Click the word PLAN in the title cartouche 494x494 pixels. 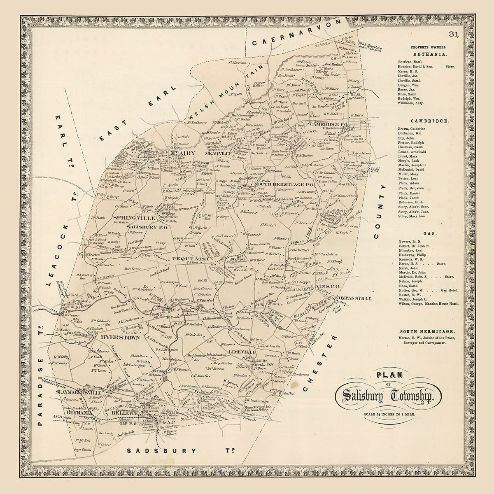coord(388,375)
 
